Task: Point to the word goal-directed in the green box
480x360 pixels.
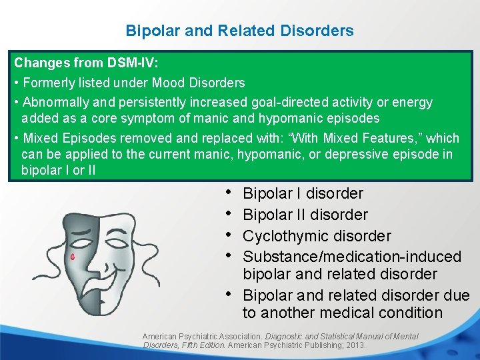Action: pyautogui.click(x=286, y=103)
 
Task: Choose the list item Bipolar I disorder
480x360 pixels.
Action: pyautogui.click(x=303, y=194)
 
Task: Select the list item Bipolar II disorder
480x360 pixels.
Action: pyautogui.click(x=305, y=215)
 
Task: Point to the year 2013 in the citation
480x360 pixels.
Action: pyautogui.click(x=355, y=345)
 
